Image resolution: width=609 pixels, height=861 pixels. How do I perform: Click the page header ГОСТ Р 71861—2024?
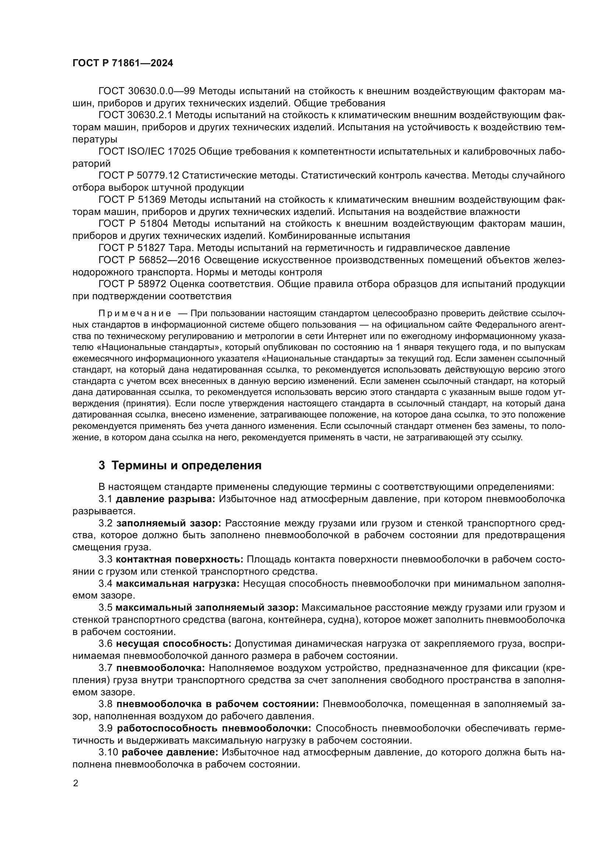tap(123, 63)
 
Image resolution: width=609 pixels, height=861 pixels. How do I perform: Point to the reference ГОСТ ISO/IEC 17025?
tap(147, 152)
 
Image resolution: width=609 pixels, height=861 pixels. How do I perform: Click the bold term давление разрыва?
tap(165, 499)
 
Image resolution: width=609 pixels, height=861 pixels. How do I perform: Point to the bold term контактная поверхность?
tap(179, 560)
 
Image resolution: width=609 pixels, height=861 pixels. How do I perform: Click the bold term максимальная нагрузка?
tap(177, 583)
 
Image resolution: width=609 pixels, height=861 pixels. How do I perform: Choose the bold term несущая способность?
tap(174, 644)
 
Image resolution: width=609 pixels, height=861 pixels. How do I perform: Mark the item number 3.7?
tap(105, 668)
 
